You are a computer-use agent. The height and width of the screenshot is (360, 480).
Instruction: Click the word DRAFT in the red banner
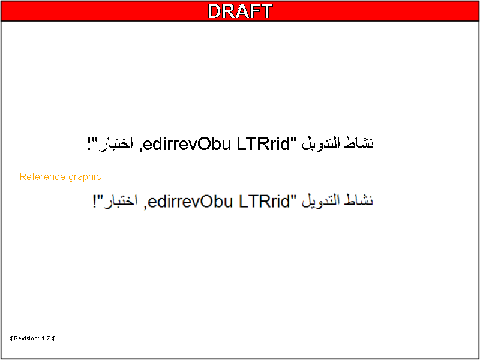[240, 11]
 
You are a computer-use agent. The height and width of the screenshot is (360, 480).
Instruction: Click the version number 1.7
[46, 338]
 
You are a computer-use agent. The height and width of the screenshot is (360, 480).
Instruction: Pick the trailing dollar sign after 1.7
[53, 338]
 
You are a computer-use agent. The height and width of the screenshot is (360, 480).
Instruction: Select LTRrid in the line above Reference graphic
[263, 143]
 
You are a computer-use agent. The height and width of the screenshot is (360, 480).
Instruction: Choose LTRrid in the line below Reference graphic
[263, 201]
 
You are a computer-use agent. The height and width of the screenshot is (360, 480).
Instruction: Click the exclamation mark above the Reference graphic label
[89, 144]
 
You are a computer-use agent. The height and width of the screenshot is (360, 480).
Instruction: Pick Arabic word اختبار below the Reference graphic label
[122, 201]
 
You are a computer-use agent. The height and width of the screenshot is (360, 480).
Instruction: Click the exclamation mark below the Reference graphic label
[95, 201]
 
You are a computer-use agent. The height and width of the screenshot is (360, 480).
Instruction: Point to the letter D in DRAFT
[215, 11]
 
